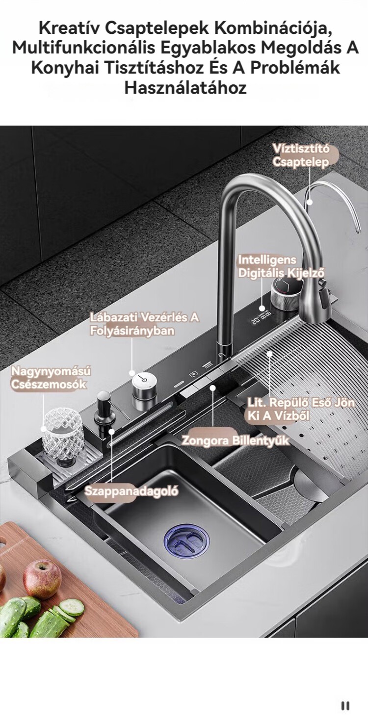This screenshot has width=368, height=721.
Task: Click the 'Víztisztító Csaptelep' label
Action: [300, 155]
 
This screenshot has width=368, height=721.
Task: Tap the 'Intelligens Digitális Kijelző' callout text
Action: [281, 266]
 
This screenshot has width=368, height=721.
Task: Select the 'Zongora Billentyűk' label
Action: [236, 440]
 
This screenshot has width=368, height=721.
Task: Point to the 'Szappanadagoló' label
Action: [131, 491]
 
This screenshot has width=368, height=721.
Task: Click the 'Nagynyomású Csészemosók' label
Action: [51, 378]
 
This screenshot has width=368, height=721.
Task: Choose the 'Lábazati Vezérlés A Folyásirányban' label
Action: [144, 324]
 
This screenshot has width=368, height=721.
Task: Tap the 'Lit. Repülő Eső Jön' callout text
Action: [301, 402]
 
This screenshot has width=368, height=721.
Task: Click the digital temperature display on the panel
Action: [262, 314]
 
